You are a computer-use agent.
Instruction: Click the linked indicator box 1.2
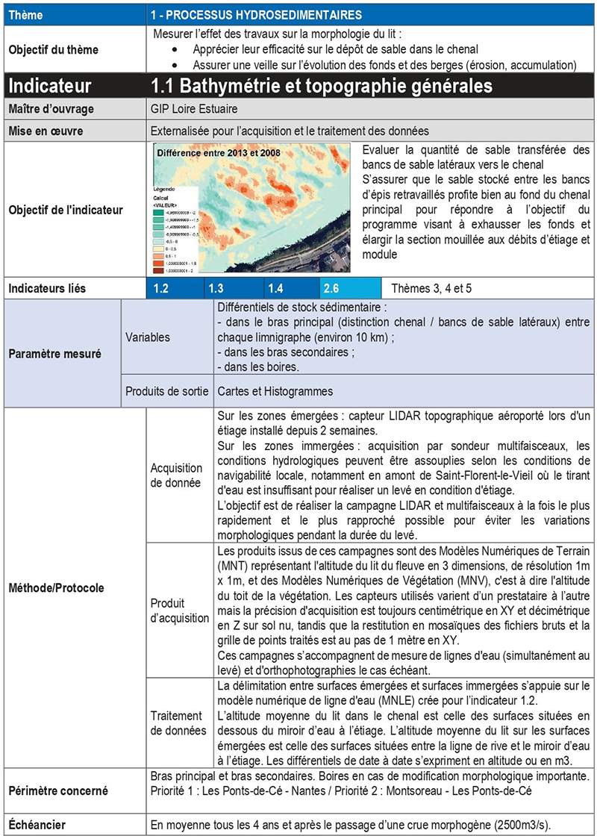(x=175, y=288)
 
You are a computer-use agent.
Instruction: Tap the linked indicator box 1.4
(x=293, y=288)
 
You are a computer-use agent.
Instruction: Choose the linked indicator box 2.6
(x=349, y=288)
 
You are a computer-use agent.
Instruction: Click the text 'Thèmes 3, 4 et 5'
(x=431, y=288)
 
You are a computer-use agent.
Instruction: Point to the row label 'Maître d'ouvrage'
(x=51, y=109)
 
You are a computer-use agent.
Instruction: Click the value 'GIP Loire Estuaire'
(x=196, y=109)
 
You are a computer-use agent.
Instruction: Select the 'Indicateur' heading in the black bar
(x=50, y=85)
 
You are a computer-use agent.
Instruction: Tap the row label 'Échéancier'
(x=37, y=825)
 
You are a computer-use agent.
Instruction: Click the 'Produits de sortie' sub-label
(x=166, y=390)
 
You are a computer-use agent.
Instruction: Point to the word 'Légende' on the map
(x=166, y=189)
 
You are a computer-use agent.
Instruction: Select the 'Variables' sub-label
(x=147, y=337)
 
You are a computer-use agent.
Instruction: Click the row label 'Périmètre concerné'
(x=57, y=790)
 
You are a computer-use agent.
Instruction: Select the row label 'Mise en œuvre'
(x=46, y=131)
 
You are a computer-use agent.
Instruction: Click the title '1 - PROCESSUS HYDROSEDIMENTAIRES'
(x=256, y=14)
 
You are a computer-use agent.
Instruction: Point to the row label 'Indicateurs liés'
(x=47, y=288)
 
